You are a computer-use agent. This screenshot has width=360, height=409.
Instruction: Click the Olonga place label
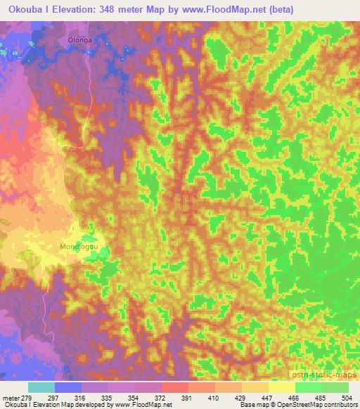(79, 41)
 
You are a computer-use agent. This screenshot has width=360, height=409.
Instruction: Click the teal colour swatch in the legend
(41, 387)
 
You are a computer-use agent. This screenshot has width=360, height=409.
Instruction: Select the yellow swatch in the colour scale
(281, 387)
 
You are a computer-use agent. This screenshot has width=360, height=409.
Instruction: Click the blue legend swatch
(68, 387)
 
